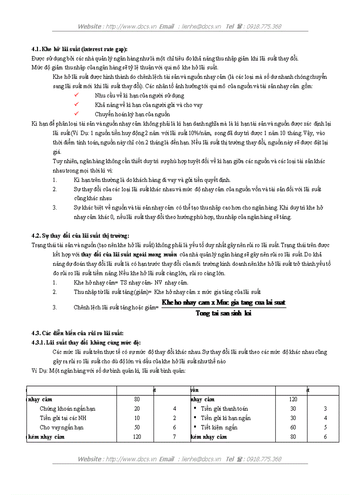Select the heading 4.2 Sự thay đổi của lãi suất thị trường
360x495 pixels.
pyautogui.click(x=80, y=236)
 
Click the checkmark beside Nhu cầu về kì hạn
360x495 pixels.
pyautogui.click(x=76, y=95)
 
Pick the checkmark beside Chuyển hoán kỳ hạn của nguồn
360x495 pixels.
pyautogui.click(x=76, y=114)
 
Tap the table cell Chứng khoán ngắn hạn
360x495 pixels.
pyautogui.click(x=67, y=409)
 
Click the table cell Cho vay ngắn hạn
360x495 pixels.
pyautogui.click(x=61, y=427)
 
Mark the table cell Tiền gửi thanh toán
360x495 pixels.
pyautogui.click(x=224, y=409)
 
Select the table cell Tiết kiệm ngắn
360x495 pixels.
pyautogui.click(x=219, y=427)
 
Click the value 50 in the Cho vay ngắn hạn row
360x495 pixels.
pyautogui.click(x=137, y=427)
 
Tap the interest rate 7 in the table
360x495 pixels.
pyautogui.click(x=175, y=436)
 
